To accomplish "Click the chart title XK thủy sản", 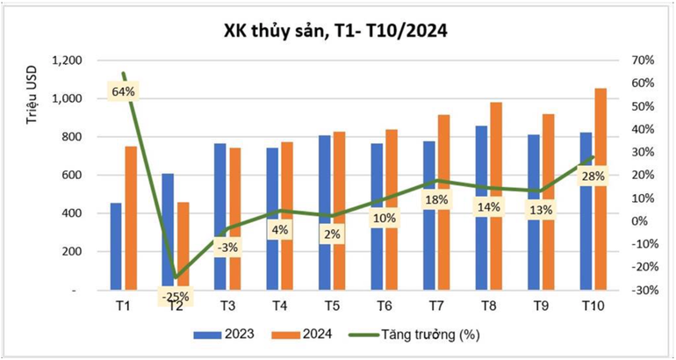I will [338, 31].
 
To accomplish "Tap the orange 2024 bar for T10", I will [600, 176].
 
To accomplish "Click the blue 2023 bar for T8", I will [481, 176].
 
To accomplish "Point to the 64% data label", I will [122, 90].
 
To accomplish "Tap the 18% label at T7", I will [436, 200].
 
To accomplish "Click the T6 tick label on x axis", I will [384, 305].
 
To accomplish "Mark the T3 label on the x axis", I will [227, 305].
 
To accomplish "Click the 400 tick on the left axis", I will [73, 213].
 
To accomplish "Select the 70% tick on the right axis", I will [643, 61].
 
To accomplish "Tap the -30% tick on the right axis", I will [644, 290].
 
